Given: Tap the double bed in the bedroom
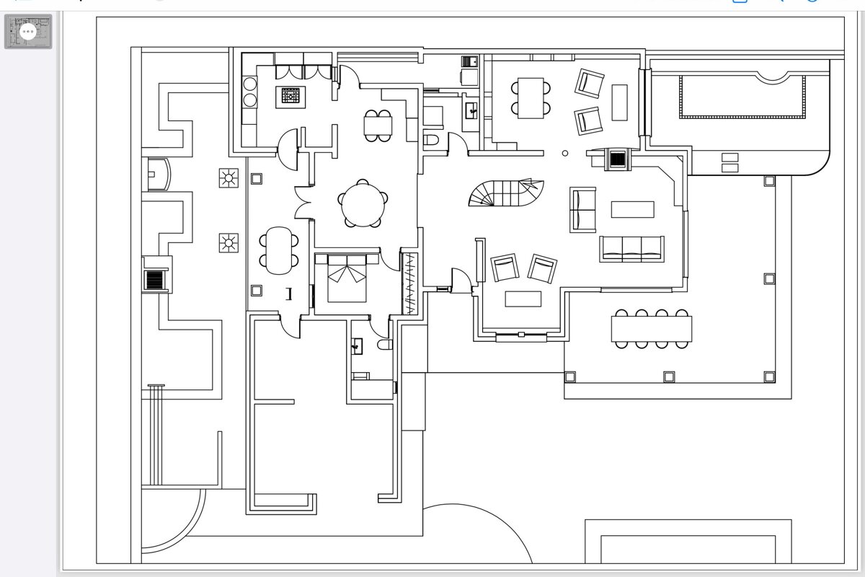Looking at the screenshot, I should tap(348, 278).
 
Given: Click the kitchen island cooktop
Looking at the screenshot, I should tap(290, 96).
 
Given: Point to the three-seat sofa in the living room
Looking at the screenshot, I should tap(631, 248).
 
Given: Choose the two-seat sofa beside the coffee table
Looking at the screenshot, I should tap(583, 209).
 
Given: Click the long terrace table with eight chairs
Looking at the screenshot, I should tap(652, 329).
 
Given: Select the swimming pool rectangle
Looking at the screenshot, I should tap(742, 97).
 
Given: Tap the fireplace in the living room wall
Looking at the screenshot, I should tap(618, 159).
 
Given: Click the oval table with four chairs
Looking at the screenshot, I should tap(278, 250).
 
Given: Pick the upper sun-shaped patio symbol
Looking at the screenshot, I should tap(229, 177).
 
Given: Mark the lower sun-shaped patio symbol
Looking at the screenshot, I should tap(229, 243).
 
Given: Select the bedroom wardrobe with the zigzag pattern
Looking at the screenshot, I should tap(410, 283).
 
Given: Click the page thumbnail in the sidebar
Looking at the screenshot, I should tap(28, 32).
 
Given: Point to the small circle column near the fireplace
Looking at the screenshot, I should tap(565, 153).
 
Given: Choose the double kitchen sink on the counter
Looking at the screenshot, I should tap(250, 92).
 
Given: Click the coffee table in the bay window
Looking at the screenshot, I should tap(523, 299).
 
